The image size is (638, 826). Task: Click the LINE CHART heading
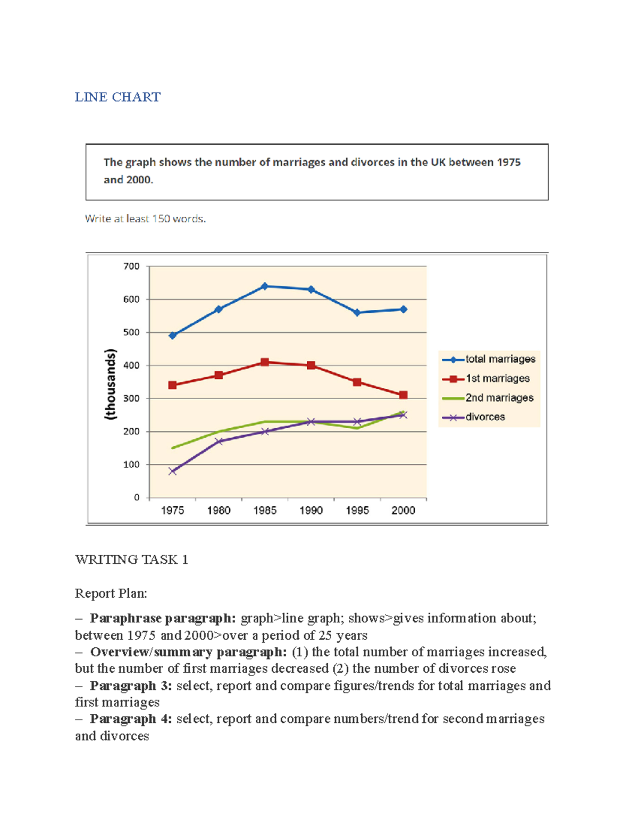click(117, 97)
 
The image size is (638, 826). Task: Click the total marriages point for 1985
click(265, 286)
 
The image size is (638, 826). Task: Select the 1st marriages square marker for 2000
click(403, 395)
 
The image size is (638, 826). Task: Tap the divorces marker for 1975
click(172, 471)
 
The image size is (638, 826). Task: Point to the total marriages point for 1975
click(172, 336)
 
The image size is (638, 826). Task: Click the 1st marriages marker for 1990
click(311, 365)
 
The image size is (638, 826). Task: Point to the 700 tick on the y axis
click(131, 266)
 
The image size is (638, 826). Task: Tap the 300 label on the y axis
click(131, 398)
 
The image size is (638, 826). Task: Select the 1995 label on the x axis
click(357, 511)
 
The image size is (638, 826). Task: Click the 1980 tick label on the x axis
click(219, 511)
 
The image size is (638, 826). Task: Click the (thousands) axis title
click(110, 385)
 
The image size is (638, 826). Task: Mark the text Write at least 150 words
click(145, 219)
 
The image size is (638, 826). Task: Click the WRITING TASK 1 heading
click(131, 560)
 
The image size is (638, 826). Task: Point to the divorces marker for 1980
click(219, 441)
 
